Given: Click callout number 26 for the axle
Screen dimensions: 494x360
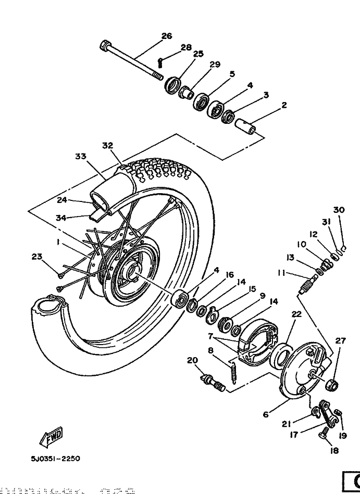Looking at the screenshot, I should [x=166, y=36].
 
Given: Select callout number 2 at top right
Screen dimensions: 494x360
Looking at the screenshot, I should [x=284, y=105].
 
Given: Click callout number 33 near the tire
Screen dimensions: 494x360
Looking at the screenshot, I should [x=80, y=156].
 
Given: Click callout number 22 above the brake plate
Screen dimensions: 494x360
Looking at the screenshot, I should [x=296, y=313].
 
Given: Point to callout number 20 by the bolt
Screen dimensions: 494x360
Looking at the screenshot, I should [x=192, y=360].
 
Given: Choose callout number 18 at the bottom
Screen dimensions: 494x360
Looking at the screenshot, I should [x=334, y=451].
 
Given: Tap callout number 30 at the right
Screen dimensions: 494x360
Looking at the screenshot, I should [x=339, y=210].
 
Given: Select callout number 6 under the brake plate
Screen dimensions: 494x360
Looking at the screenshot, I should [x=266, y=414].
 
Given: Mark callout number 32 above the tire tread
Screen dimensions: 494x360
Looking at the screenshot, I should [x=108, y=146].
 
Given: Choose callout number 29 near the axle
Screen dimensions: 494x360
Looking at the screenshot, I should [x=215, y=65].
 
